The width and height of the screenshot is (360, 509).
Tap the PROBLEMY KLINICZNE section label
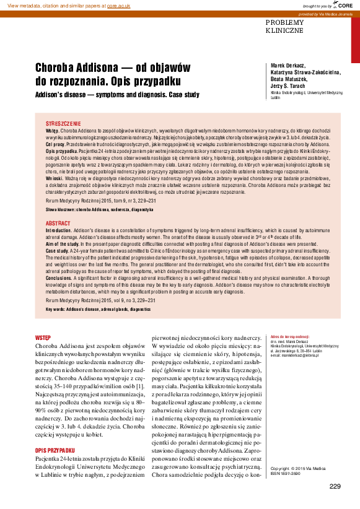pyautogui.click(x=284, y=26)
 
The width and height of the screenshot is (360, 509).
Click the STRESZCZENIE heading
pyautogui.click(x=63, y=124)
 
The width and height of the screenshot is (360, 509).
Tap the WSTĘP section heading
pyautogui.click(x=43, y=337)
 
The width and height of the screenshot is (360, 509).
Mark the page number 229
pyautogui.click(x=335, y=485)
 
